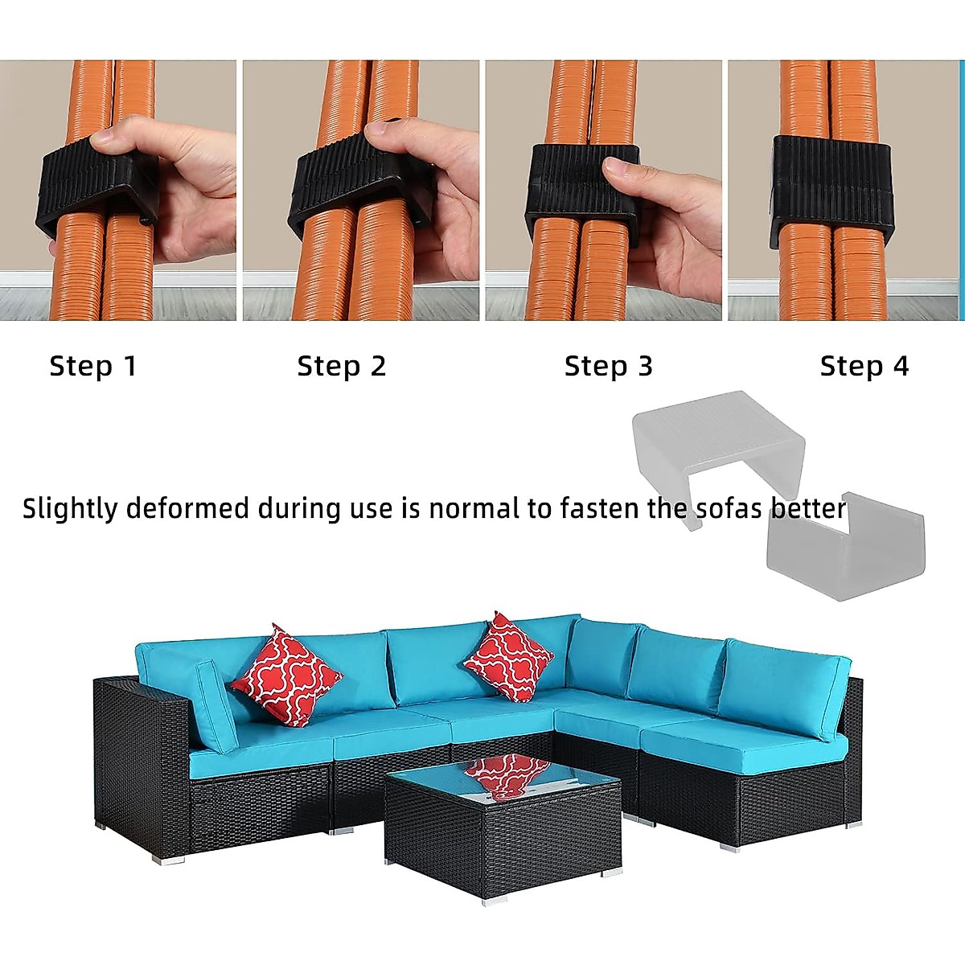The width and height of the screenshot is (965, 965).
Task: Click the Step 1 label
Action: click(x=93, y=367)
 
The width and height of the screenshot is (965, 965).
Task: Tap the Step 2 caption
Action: click(x=342, y=367)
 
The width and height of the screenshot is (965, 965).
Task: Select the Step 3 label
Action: click(x=609, y=367)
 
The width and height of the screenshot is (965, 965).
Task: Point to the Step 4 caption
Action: click(x=864, y=367)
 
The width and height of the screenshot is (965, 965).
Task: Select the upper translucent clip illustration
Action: click(x=718, y=438)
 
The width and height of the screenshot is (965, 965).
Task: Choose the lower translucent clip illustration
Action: click(x=844, y=547)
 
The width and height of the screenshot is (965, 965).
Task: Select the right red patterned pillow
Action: click(x=508, y=656)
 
